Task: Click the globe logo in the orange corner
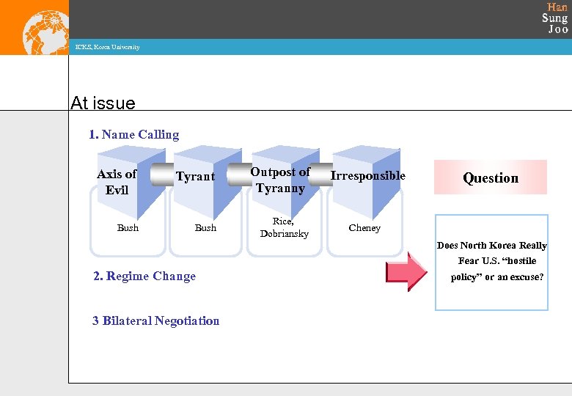[x=45, y=31]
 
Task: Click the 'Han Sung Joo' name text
[x=555, y=18]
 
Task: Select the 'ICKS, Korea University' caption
[x=107, y=48]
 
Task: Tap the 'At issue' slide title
[x=103, y=103]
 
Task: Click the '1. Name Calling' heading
[x=133, y=134]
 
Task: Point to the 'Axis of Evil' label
[x=117, y=182]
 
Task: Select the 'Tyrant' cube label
[x=195, y=176]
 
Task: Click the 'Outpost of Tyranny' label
[x=280, y=180]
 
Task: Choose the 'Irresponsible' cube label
[x=367, y=175]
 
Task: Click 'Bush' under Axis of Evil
[x=128, y=228]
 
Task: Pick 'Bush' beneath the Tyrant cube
[x=205, y=228]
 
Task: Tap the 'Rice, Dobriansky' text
[x=284, y=227]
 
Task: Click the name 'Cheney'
[x=364, y=228]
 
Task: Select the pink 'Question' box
[x=490, y=177]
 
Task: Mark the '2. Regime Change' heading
[x=144, y=276]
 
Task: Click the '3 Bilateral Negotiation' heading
[x=155, y=320]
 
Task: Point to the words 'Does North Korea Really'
[x=492, y=246]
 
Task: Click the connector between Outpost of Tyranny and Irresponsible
[x=320, y=172]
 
